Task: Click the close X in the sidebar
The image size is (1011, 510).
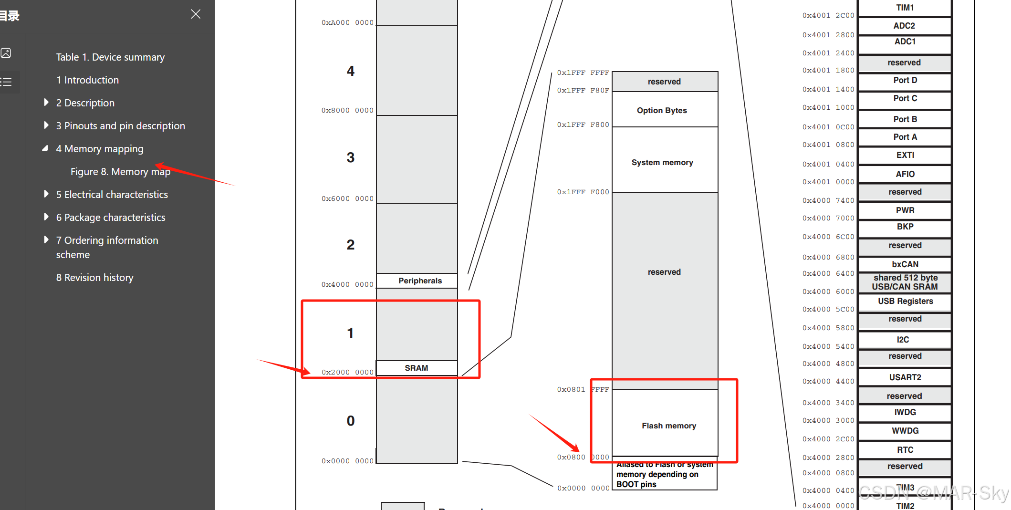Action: click(196, 14)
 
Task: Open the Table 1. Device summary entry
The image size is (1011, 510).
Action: click(110, 57)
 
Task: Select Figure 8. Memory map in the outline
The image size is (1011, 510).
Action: click(120, 172)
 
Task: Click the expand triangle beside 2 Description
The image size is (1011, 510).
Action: click(46, 103)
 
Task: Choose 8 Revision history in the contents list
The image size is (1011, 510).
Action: click(94, 278)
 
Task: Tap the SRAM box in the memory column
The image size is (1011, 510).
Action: click(417, 368)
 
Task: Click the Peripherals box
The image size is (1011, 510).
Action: click(420, 281)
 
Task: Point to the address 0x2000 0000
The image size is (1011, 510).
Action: click(347, 372)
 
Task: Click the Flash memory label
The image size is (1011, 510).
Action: click(668, 426)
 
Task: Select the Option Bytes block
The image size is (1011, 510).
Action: click(662, 110)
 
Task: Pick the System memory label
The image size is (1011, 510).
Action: click(662, 162)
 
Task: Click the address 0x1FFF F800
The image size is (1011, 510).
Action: click(583, 125)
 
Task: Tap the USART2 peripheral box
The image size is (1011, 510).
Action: click(905, 377)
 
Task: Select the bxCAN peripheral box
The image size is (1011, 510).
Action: click(905, 264)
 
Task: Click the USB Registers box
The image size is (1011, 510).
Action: click(905, 301)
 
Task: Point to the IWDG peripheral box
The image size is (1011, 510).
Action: click(905, 412)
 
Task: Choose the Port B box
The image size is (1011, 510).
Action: click(905, 119)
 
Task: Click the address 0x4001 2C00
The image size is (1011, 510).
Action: click(828, 16)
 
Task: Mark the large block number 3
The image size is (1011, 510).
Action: click(351, 158)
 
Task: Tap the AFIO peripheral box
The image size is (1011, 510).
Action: click(905, 174)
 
